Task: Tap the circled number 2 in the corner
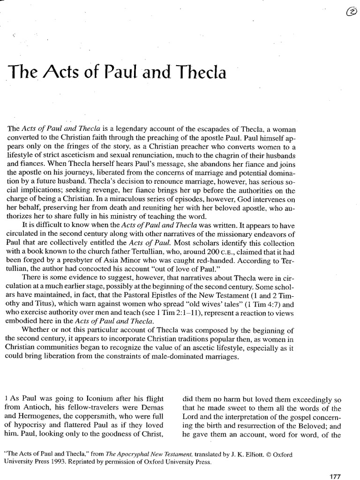click(x=350, y=14)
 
